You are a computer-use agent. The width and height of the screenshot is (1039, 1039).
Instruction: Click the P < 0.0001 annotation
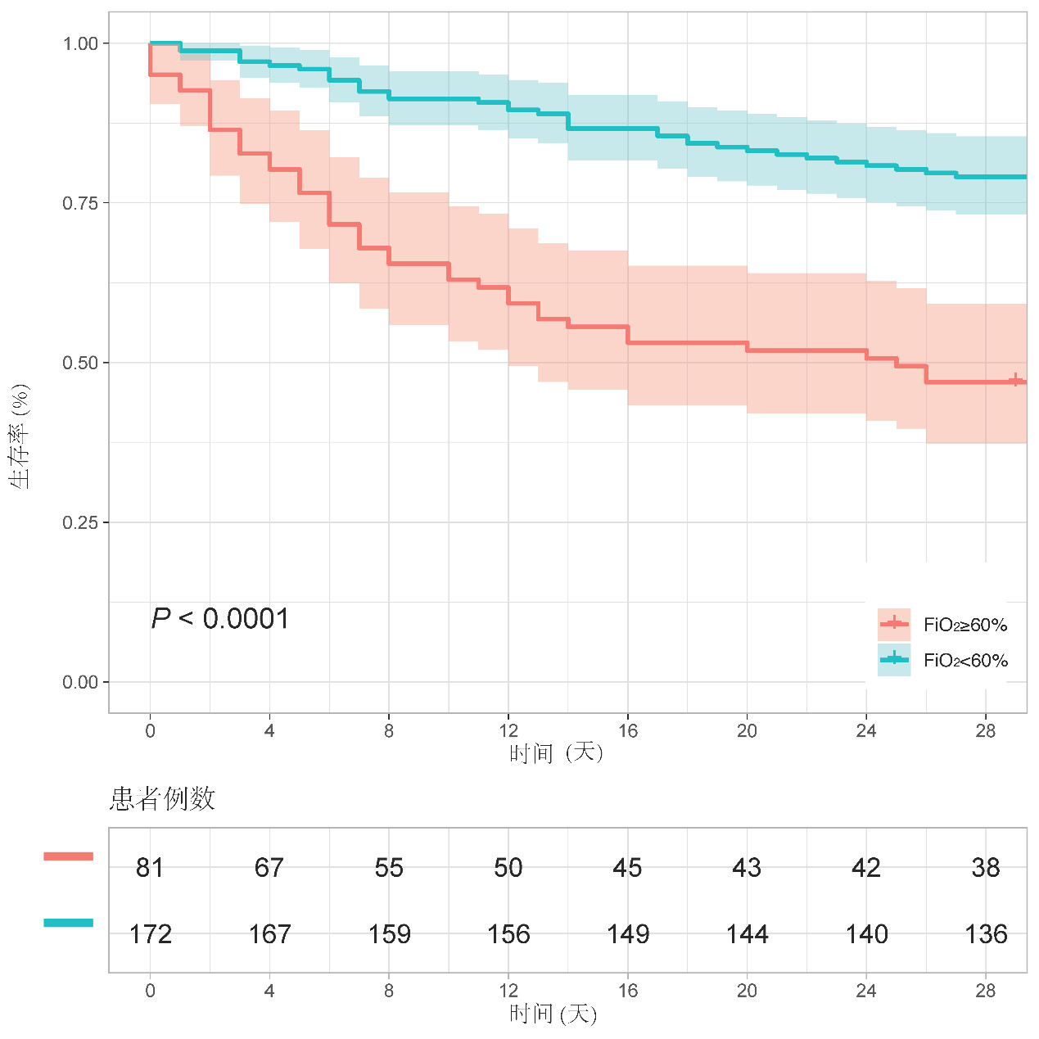click(220, 619)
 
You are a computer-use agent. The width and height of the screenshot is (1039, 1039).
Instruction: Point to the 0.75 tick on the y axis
click(80, 203)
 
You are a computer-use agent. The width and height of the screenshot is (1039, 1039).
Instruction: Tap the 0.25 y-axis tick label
click(80, 522)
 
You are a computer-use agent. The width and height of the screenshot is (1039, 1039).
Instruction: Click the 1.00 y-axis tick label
click(80, 43)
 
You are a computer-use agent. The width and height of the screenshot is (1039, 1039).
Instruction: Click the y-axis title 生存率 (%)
click(20, 436)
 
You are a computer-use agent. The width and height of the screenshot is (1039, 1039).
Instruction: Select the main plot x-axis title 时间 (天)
click(556, 752)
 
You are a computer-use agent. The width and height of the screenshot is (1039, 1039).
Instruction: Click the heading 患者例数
click(162, 798)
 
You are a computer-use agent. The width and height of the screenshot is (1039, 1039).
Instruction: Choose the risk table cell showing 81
click(150, 868)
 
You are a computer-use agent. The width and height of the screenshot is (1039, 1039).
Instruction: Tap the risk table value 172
click(150, 934)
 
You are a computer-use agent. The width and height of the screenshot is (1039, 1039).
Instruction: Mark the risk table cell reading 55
click(389, 868)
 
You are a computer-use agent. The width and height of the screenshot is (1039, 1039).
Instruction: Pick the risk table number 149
click(628, 934)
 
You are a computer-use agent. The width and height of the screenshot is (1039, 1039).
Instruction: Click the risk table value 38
click(986, 868)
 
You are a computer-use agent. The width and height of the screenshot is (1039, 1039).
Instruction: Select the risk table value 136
click(986, 934)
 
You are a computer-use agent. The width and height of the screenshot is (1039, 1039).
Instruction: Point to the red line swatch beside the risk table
click(69, 856)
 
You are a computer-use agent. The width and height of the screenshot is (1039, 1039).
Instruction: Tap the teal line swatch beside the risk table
click(69, 923)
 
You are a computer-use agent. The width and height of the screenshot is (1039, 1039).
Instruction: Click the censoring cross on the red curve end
click(1015, 380)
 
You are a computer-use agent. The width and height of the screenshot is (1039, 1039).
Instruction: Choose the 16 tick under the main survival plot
click(628, 731)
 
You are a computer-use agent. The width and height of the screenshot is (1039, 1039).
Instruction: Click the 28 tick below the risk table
click(986, 991)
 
